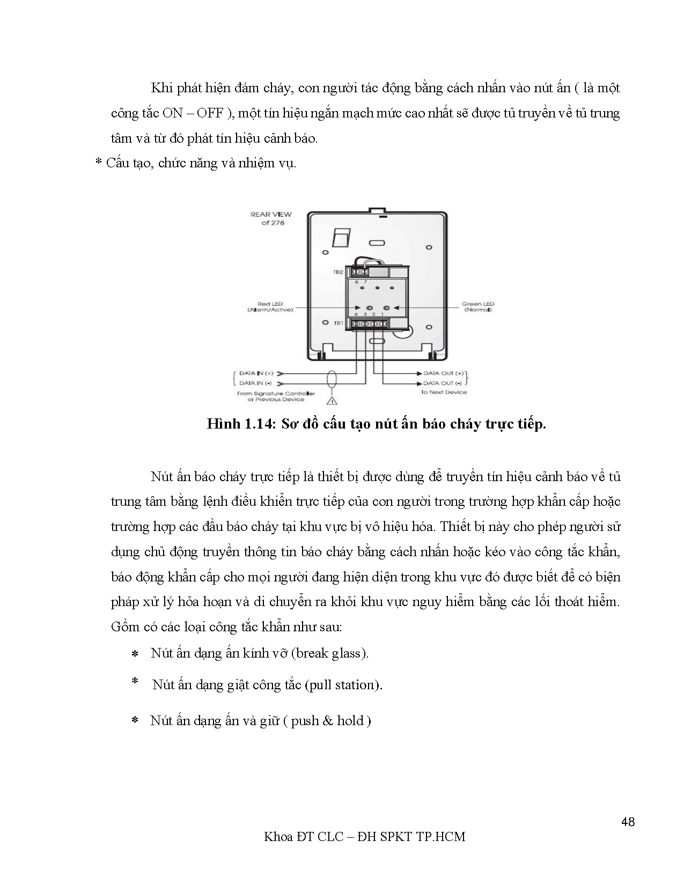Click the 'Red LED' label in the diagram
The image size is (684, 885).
pyautogui.click(x=270, y=304)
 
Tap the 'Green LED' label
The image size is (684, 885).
pyautogui.click(x=478, y=304)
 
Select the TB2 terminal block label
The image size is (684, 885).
pyautogui.click(x=337, y=272)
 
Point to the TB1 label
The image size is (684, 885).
pyautogui.click(x=338, y=323)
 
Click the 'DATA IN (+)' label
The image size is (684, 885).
pyautogui.click(x=256, y=373)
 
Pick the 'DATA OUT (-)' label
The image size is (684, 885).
pyautogui.click(x=442, y=383)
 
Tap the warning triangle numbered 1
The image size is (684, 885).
pyautogui.click(x=332, y=400)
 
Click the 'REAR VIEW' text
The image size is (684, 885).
pyautogui.click(x=271, y=215)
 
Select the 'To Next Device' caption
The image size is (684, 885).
pyautogui.click(x=444, y=392)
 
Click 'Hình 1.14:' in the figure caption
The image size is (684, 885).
pyautogui.click(x=241, y=424)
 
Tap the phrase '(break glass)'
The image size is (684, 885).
pyautogui.click(x=333, y=653)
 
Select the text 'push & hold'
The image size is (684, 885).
pyautogui.click(x=327, y=720)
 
